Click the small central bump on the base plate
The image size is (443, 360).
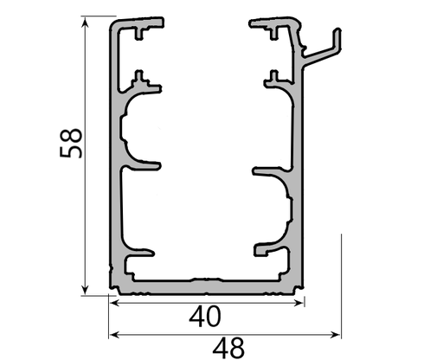pyautogui.click(x=205, y=280)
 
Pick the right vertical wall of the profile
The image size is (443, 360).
pyautogui.click(x=301, y=173)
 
